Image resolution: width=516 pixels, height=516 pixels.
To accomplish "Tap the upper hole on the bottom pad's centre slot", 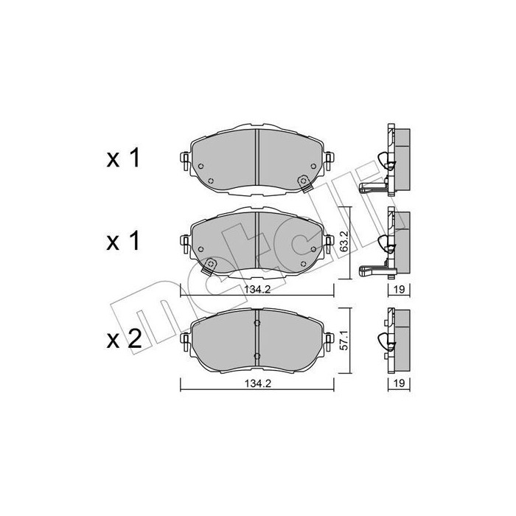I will tap(256, 322).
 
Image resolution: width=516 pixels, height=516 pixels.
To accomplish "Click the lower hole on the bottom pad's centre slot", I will tap(256, 356).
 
